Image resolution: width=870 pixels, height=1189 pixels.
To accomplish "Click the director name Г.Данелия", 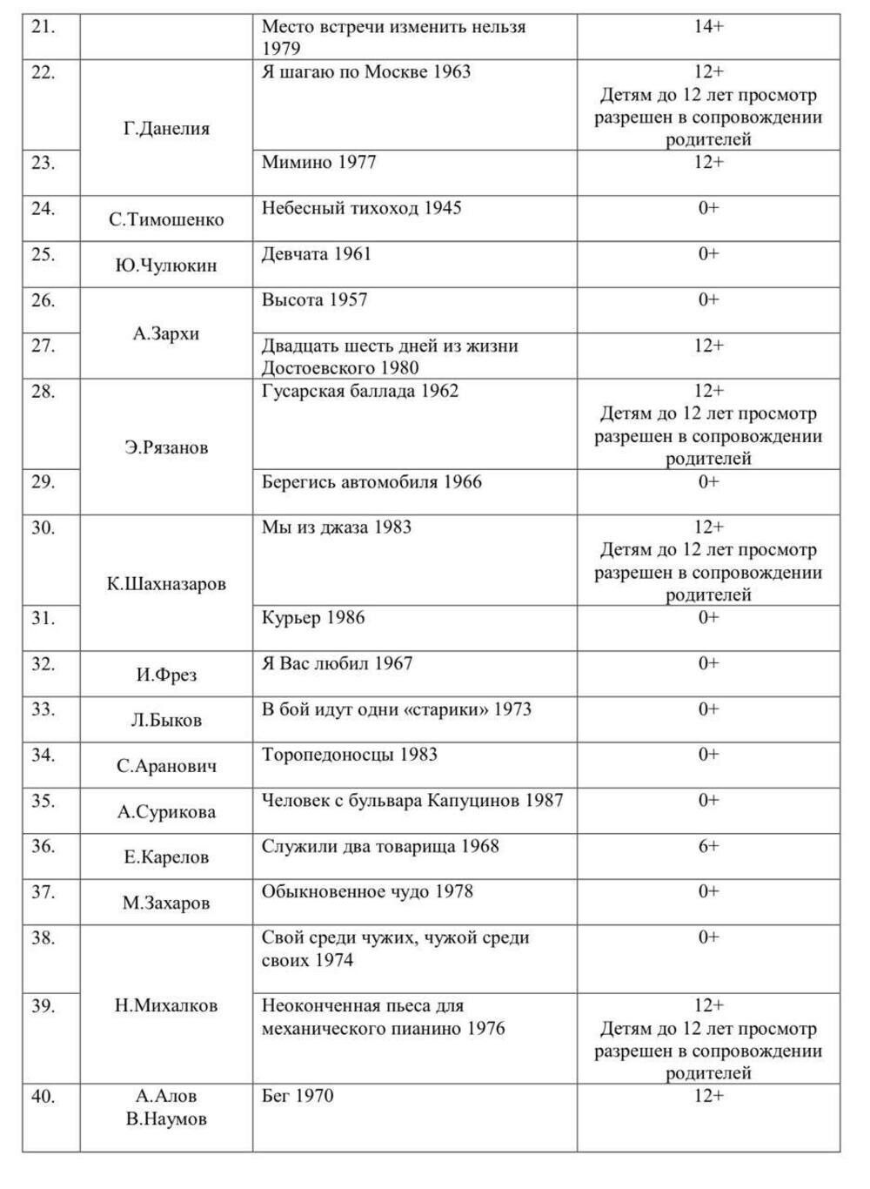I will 166,129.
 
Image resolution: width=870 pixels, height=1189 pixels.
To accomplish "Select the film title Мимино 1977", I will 318,162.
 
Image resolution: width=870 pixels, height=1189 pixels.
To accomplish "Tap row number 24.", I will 43,208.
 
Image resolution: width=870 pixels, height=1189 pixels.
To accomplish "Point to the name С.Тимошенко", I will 166,220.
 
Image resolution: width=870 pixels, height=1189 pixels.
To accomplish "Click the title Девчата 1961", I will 316,254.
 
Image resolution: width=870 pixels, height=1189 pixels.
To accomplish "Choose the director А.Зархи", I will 166,333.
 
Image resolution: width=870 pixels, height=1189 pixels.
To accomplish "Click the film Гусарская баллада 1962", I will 359,391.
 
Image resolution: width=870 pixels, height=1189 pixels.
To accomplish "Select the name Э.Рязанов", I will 166,448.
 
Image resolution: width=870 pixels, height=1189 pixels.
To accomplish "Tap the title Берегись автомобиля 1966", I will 371,482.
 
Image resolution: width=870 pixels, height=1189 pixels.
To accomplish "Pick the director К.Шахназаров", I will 166,584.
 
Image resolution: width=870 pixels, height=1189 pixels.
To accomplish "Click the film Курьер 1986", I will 313,618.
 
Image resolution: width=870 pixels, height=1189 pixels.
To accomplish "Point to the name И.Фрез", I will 166,675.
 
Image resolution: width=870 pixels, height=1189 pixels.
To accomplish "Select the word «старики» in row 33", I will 445,709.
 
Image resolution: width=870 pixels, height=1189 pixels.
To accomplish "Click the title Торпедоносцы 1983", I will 349,755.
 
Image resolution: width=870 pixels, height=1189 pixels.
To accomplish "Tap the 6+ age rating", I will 708,846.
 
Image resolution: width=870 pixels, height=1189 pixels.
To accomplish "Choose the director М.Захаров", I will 166,904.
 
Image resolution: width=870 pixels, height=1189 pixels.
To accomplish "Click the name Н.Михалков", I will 166,1005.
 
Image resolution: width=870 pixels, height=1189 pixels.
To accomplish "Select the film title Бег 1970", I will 297,1096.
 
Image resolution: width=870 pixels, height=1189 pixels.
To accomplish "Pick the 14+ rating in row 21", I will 708,26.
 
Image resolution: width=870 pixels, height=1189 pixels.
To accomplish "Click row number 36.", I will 43,846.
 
